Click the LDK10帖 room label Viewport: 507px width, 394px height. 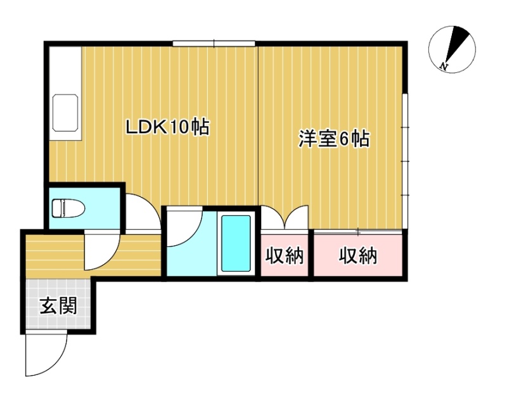(x=167, y=127)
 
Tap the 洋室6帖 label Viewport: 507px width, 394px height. (x=334, y=139)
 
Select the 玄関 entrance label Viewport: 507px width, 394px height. (x=58, y=305)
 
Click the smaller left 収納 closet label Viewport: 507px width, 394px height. (x=285, y=256)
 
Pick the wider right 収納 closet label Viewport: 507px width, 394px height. (x=358, y=256)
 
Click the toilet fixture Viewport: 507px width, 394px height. (x=68, y=208)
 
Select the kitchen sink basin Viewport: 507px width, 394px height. (x=65, y=113)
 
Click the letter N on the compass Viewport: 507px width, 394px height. (x=444, y=67)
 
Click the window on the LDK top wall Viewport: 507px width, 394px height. (x=214, y=43)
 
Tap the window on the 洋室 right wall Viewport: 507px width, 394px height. (x=405, y=162)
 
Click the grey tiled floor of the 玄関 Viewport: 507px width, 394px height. (x=58, y=303)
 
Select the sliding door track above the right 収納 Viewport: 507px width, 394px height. (x=358, y=231)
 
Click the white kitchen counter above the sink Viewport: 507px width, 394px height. (x=65, y=70)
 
